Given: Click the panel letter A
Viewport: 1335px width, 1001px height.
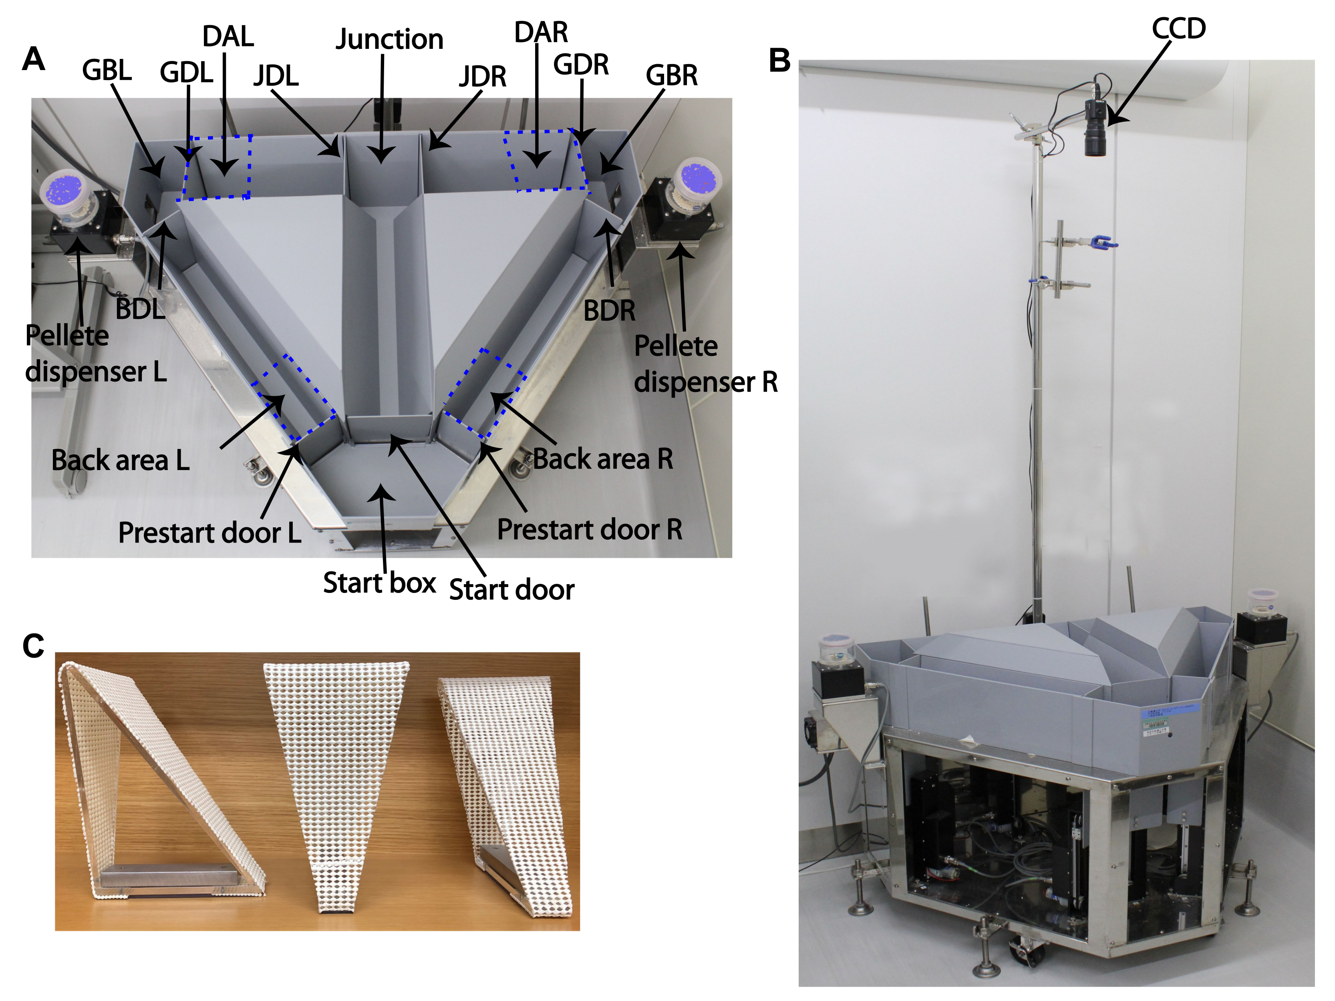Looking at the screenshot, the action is [33, 59].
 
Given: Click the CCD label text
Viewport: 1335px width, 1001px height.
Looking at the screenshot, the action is [1179, 28].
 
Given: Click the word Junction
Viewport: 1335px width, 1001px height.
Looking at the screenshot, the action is [389, 40].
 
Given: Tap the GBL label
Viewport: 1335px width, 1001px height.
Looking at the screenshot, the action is [107, 70].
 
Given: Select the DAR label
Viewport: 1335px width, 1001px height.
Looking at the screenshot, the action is [541, 32].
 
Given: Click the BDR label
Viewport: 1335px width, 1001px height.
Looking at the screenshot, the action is [610, 311].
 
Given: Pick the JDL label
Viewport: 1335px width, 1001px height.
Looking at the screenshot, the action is [276, 76].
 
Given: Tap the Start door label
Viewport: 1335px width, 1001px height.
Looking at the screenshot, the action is [512, 589].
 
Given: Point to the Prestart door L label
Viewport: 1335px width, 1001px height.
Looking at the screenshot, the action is [209, 533].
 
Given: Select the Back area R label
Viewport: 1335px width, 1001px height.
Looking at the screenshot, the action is [603, 459].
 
